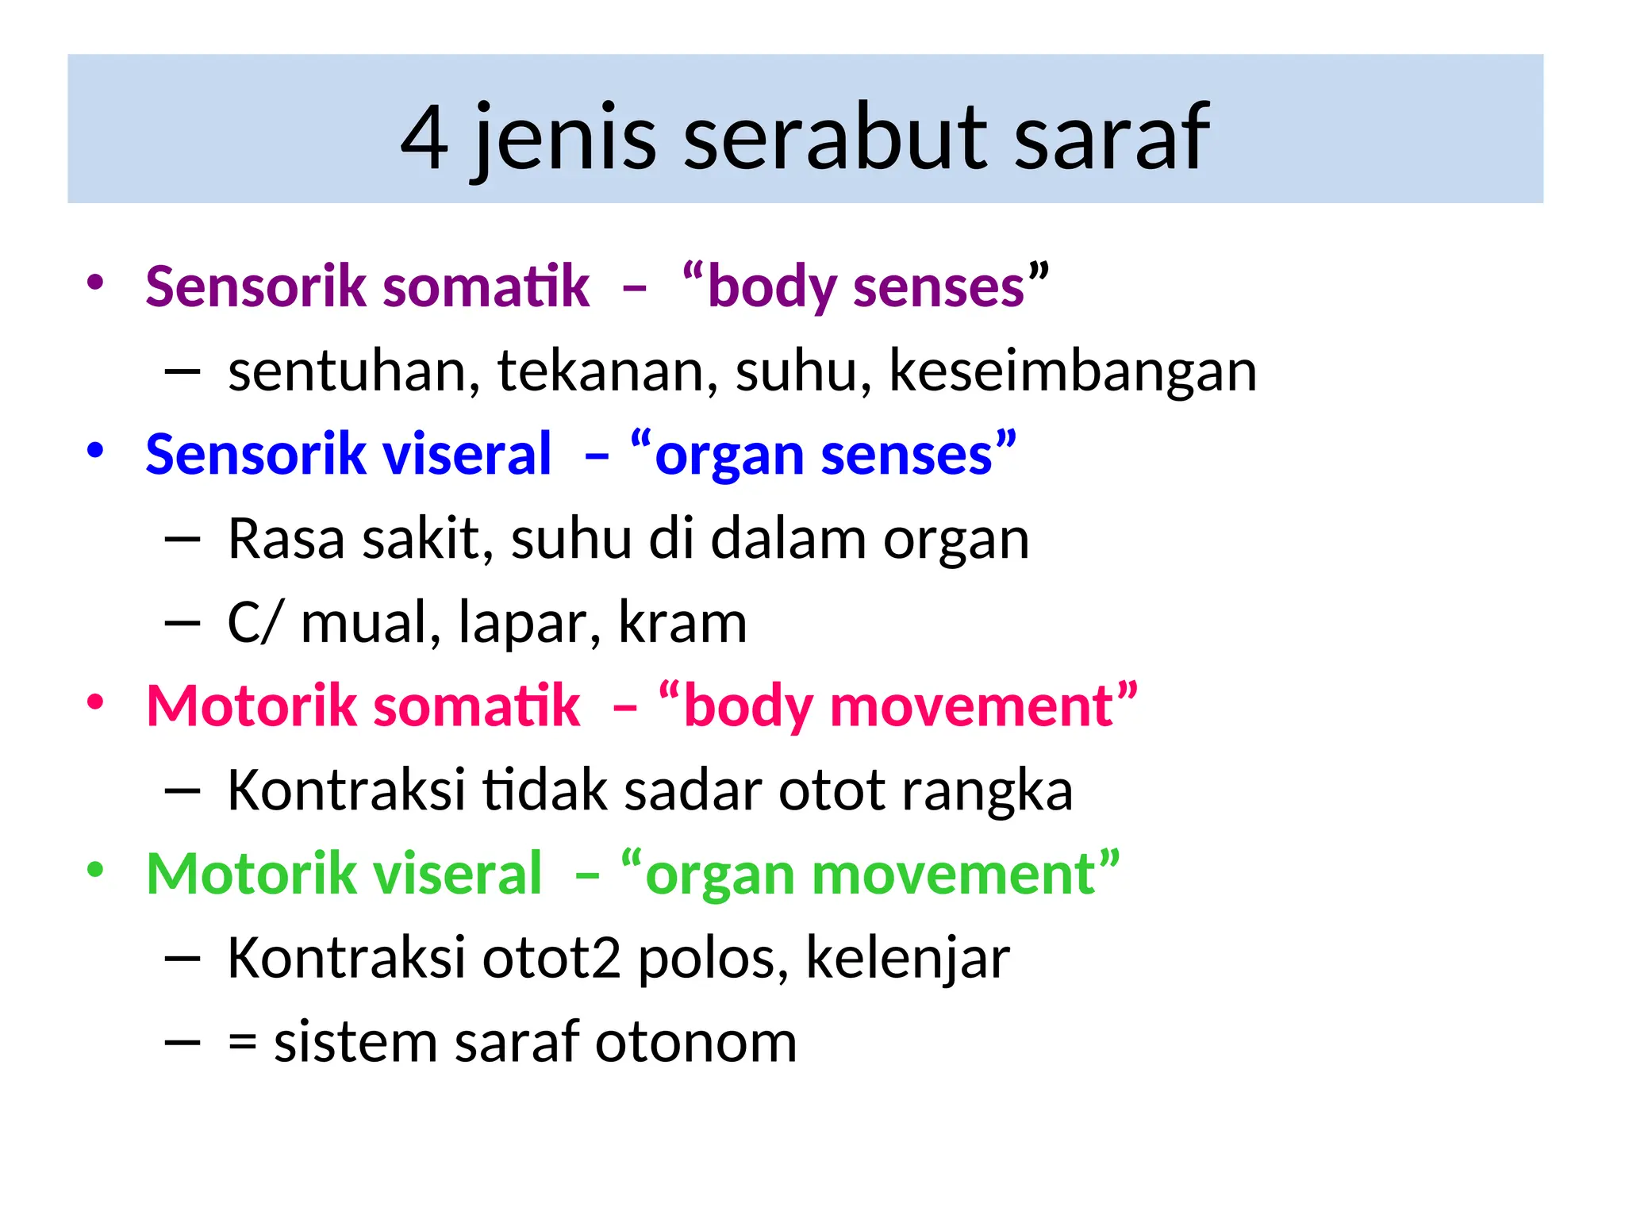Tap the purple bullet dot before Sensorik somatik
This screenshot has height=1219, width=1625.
click(95, 283)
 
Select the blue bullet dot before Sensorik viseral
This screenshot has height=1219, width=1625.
click(95, 451)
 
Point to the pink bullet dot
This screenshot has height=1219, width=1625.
click(95, 702)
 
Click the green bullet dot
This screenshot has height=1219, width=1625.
click(95, 871)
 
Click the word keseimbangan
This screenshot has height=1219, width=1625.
click(1073, 371)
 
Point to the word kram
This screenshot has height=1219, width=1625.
click(682, 623)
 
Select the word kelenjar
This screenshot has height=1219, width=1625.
click(908, 959)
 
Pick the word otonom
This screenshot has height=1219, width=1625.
click(696, 1043)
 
